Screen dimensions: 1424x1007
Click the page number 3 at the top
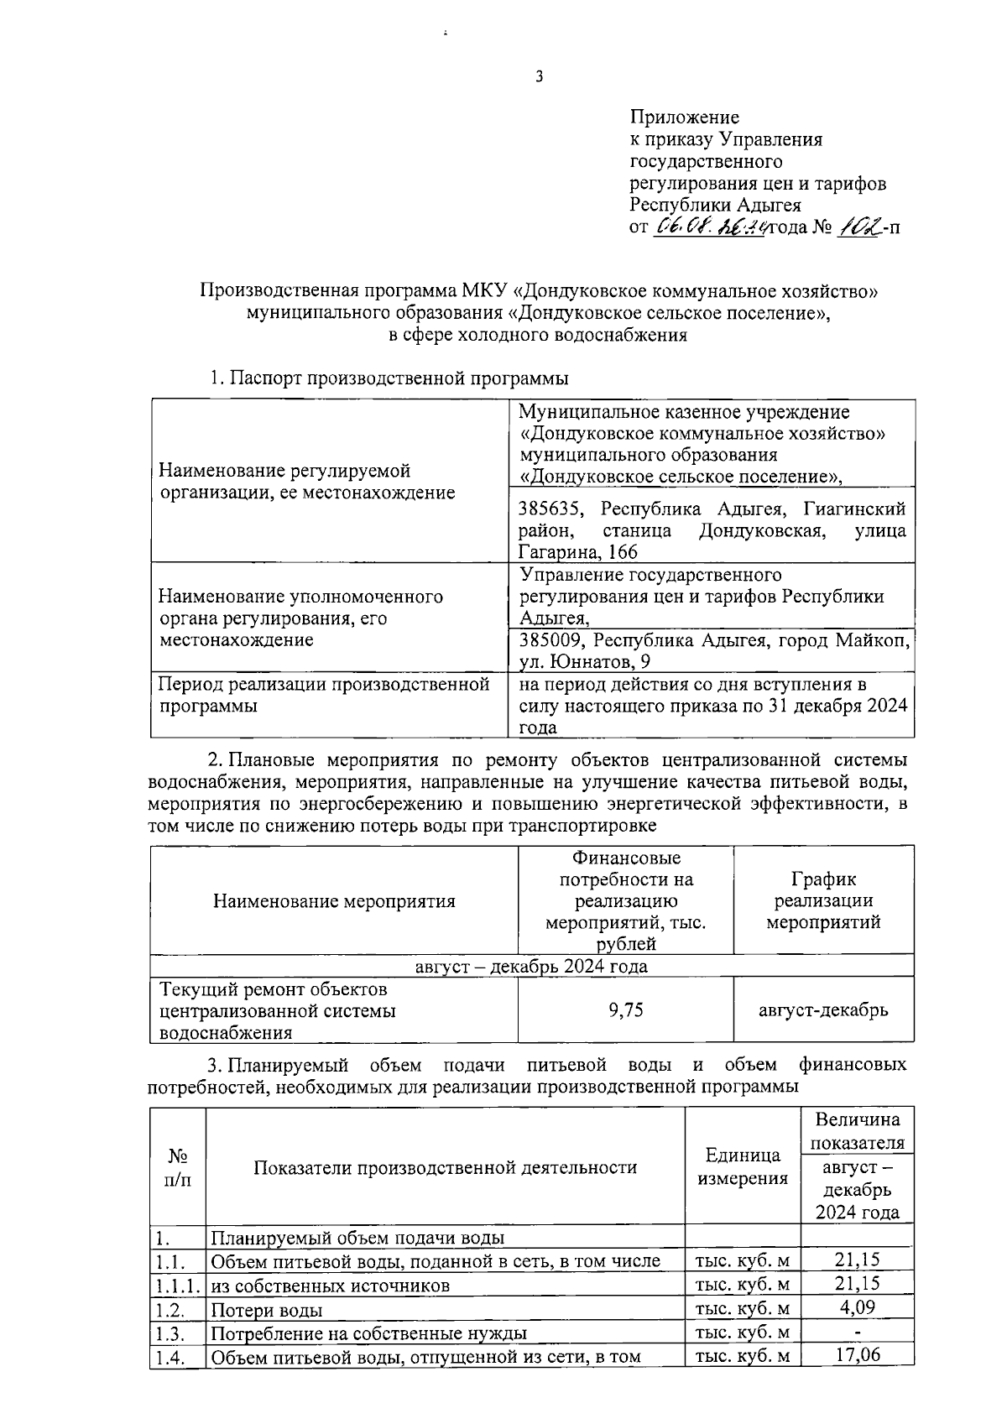tap(540, 77)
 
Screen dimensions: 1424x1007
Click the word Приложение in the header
tap(685, 117)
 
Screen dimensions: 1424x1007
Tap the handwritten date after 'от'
tap(711, 227)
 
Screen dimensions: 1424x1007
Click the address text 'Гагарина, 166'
tap(579, 552)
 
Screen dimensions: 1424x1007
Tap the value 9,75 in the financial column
tap(625, 1010)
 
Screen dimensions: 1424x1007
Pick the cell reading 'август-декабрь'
tap(823, 1010)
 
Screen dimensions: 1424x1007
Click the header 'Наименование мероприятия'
tap(334, 901)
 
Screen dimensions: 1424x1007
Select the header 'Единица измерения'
tap(743, 1166)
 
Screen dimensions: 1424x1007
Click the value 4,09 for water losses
tap(857, 1307)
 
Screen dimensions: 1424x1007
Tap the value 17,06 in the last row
tap(857, 1354)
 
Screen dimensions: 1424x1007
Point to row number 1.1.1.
tap(178, 1285)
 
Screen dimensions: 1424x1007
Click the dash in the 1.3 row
tap(857, 1332)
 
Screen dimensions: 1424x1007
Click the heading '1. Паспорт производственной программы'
tap(389, 378)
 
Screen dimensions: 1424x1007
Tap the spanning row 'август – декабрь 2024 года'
tap(531, 966)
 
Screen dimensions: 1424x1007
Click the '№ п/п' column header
tap(178, 1167)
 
